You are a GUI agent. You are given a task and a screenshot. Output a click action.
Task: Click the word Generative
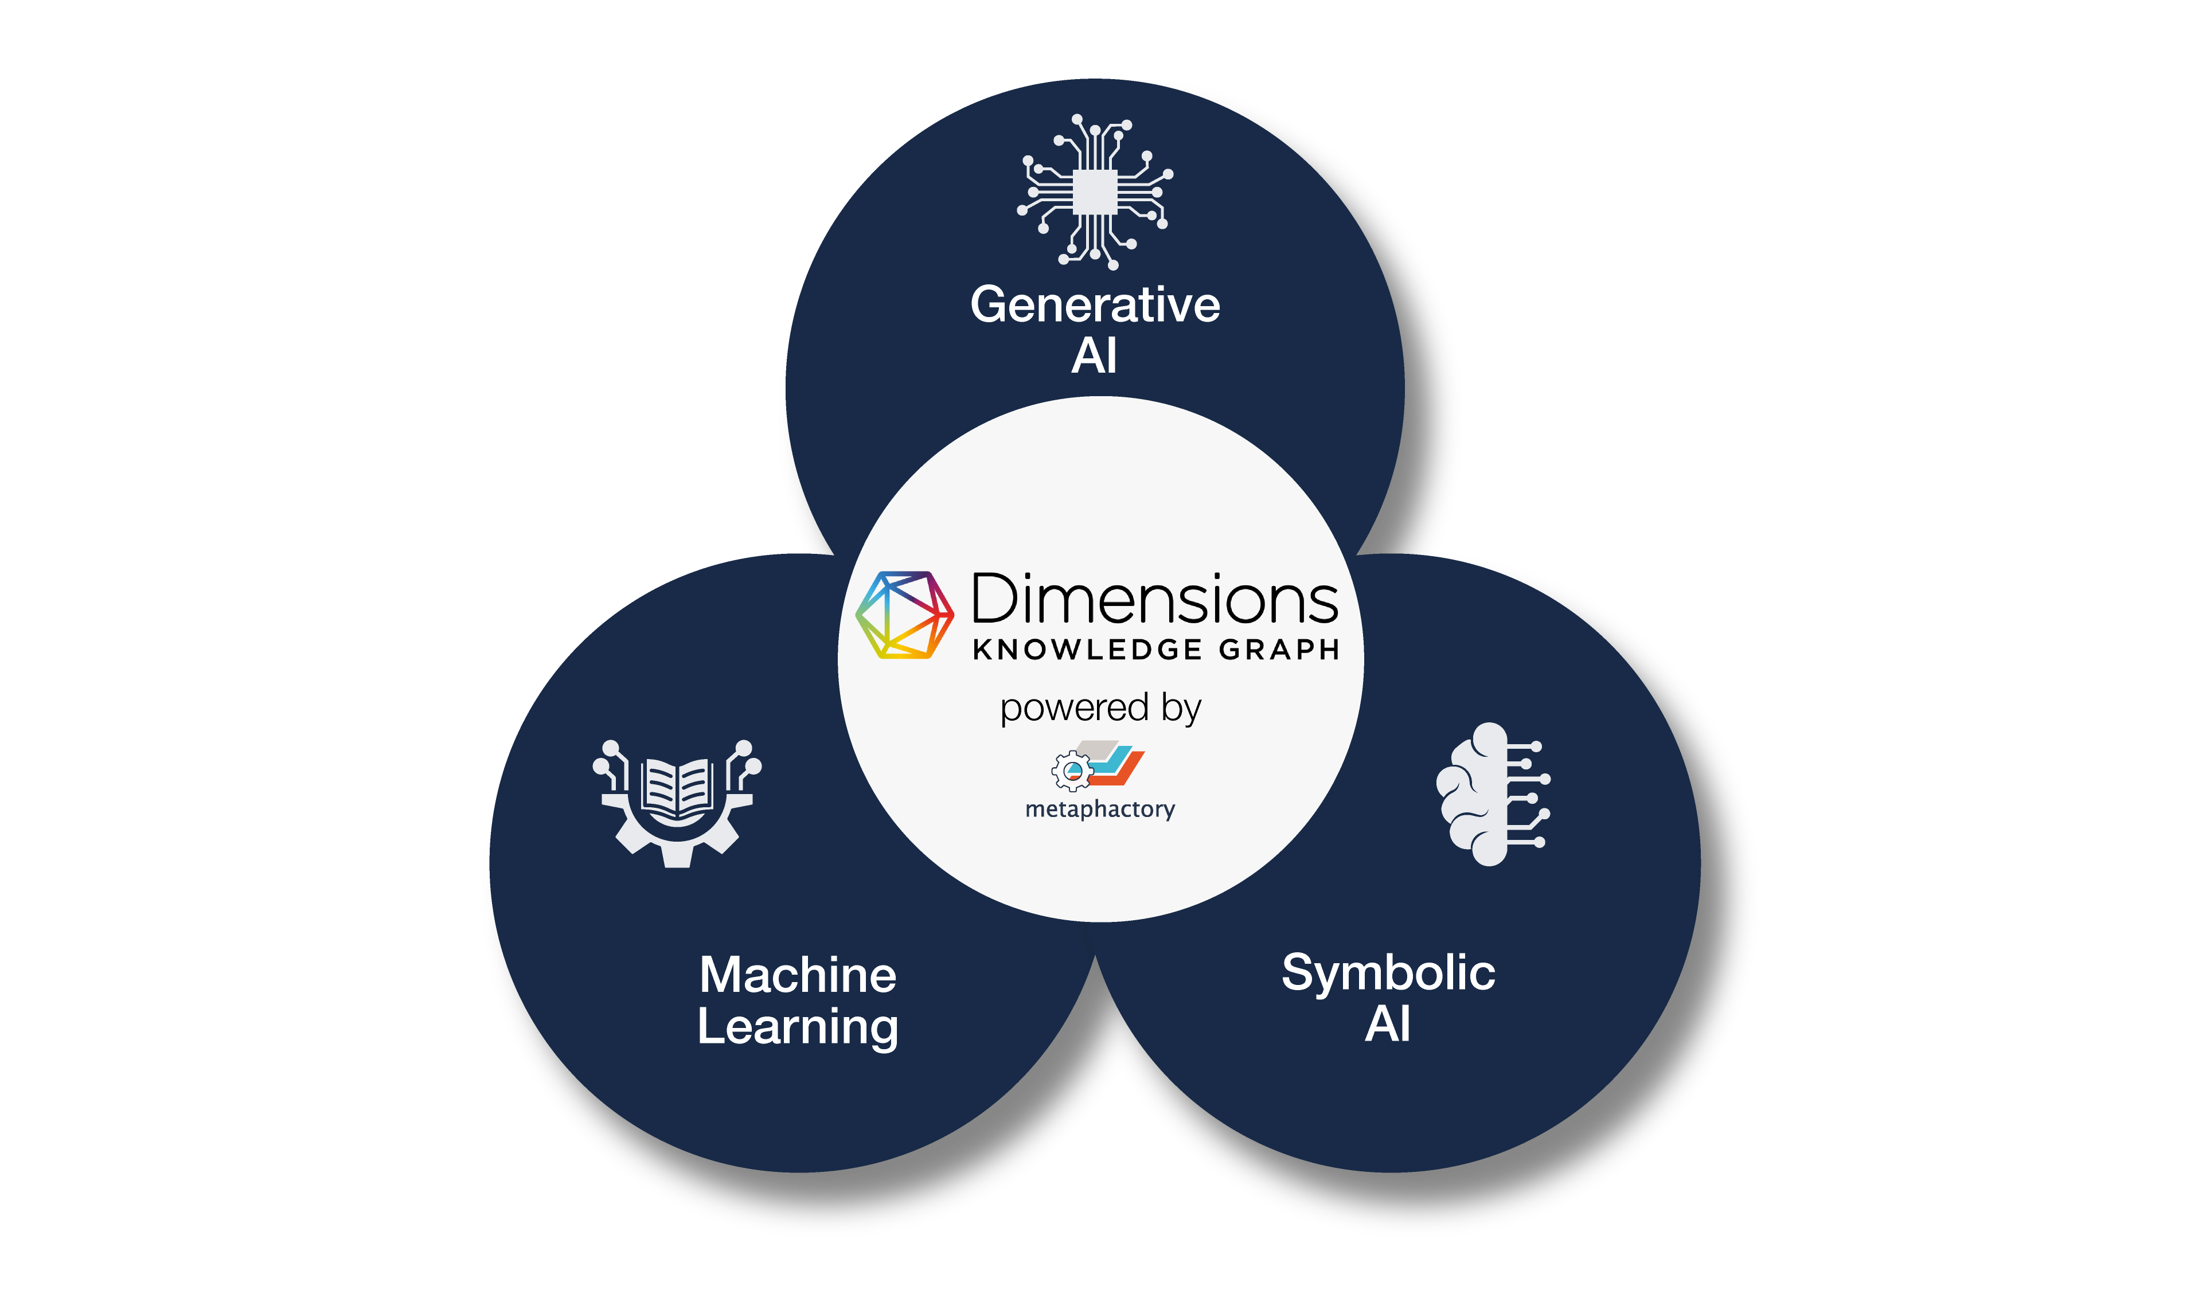pos(1095,305)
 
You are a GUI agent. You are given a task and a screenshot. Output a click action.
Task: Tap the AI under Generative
pos(1095,355)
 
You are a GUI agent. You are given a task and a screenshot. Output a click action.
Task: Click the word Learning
pos(798,1027)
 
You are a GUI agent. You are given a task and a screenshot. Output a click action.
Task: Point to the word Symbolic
pos(1388,974)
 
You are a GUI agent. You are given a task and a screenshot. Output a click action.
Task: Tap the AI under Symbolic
pos(1388,1024)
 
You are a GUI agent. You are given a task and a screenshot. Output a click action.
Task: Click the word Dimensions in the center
pos(1155,599)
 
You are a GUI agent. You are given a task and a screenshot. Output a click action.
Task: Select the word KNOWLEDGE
pos(1088,650)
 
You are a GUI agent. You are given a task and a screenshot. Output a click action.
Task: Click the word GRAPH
pos(1279,650)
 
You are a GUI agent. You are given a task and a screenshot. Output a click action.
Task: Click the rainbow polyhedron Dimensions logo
pos(904,615)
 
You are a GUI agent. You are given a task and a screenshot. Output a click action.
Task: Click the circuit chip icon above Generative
pos(1095,192)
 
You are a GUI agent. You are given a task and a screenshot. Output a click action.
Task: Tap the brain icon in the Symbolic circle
pos(1493,794)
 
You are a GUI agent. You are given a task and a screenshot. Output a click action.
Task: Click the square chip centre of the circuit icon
pos(1095,192)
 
